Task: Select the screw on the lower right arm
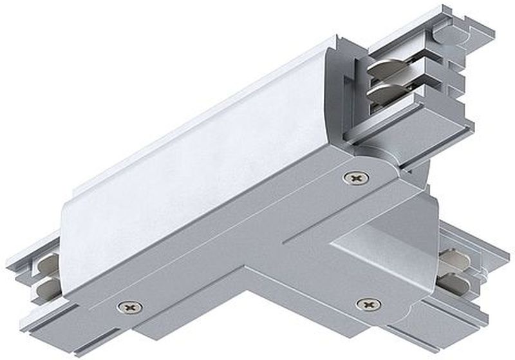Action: coord(368,303)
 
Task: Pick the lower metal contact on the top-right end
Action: coord(388,94)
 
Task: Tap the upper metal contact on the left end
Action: coord(48,263)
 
